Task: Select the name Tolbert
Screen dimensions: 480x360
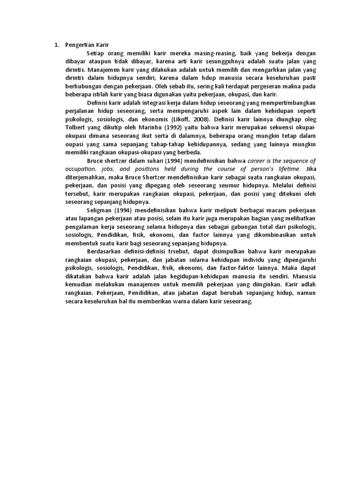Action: (74, 127)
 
